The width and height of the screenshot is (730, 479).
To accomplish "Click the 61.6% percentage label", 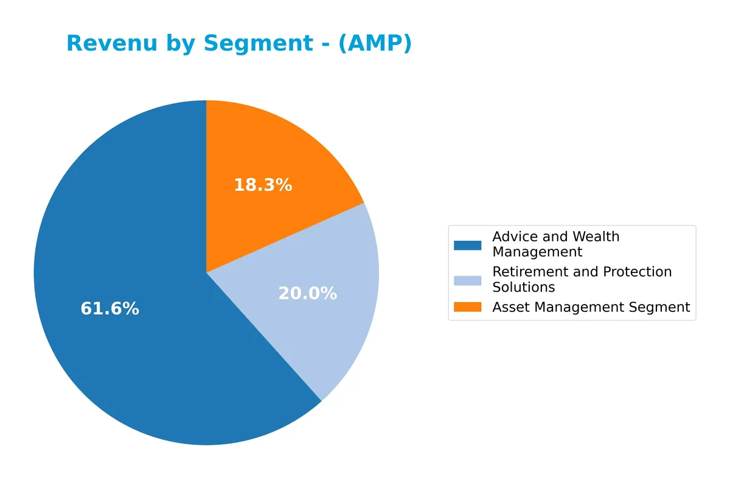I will tap(109, 309).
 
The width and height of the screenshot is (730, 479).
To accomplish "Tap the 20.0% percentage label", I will tap(307, 294).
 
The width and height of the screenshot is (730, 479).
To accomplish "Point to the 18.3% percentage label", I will tap(263, 185).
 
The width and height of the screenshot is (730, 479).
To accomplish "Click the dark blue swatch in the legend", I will tap(467, 245).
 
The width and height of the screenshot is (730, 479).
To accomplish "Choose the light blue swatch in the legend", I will tap(467, 280).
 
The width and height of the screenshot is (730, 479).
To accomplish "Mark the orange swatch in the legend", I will tap(467, 308).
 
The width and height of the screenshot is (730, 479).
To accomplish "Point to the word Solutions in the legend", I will tap(523, 287).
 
